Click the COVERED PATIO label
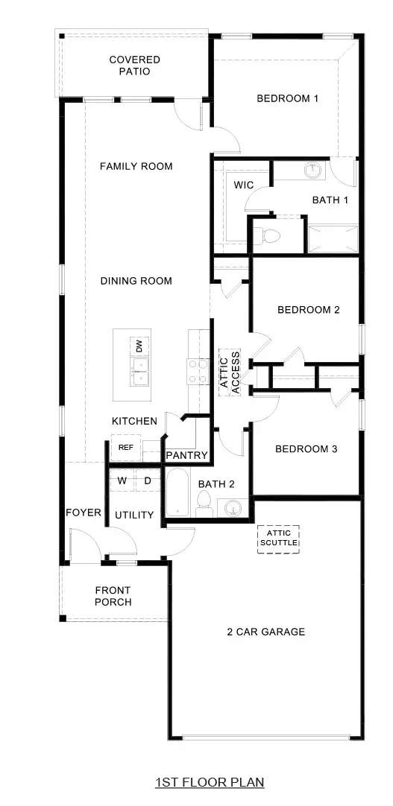[x=134, y=66]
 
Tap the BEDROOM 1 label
[x=288, y=98]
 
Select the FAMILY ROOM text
[x=136, y=166]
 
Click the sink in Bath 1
[x=313, y=171]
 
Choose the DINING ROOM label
[x=136, y=281]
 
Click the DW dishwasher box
[x=139, y=346]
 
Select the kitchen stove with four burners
[x=197, y=372]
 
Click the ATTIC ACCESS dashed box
[x=229, y=371]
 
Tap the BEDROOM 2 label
[x=308, y=310]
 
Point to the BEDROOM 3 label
[x=306, y=449]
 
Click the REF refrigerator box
[x=126, y=448]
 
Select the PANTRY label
[x=186, y=455]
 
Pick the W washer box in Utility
[x=122, y=481]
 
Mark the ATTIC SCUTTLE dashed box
[x=278, y=538]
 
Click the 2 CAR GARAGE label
[x=266, y=632]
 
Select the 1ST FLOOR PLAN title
[x=210, y=782]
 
